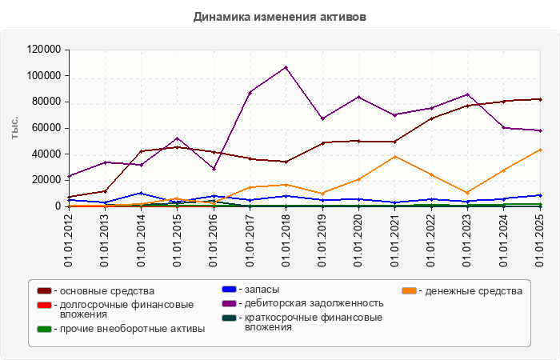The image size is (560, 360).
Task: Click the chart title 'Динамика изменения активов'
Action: (279, 16)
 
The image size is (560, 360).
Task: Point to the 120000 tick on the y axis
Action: (44, 50)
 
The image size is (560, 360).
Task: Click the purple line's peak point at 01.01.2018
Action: (286, 67)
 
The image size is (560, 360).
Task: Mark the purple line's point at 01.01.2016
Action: (214, 169)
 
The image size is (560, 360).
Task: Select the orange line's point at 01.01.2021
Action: (395, 156)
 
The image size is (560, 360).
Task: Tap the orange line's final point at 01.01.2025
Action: (540, 150)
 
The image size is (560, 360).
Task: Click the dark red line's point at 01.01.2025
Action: (540, 99)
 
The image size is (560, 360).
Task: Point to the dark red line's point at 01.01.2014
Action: (142, 151)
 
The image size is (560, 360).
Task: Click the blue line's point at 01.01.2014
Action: (142, 193)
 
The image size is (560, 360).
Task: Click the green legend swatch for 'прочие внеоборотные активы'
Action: (45, 329)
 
